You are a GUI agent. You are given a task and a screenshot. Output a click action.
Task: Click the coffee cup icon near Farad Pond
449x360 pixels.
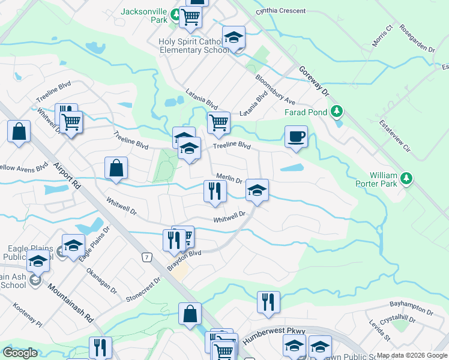pos(296,137)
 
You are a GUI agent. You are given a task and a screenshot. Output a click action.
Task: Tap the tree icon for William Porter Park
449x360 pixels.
pos(407,178)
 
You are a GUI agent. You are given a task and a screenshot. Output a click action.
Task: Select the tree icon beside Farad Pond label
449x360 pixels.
pos(337,112)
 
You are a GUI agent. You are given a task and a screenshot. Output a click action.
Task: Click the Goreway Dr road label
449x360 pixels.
pos(316,82)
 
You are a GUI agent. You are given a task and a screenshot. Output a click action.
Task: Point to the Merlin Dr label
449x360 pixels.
pos(229,179)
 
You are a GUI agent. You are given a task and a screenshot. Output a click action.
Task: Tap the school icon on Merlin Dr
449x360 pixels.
pos(257,191)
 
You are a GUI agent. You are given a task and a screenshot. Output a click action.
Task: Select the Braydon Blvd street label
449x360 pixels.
pos(184,260)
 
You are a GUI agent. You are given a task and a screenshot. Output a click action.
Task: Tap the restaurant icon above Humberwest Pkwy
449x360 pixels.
pos(268,302)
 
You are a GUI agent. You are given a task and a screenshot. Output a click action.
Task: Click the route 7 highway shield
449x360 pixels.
pos(146,257)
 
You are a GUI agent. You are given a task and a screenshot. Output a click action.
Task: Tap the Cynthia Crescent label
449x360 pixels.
pos(280,11)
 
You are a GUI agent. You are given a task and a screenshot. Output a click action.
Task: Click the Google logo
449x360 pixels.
pos(20,353)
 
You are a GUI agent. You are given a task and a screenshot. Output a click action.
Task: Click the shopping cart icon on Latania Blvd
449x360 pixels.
pos(219,122)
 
